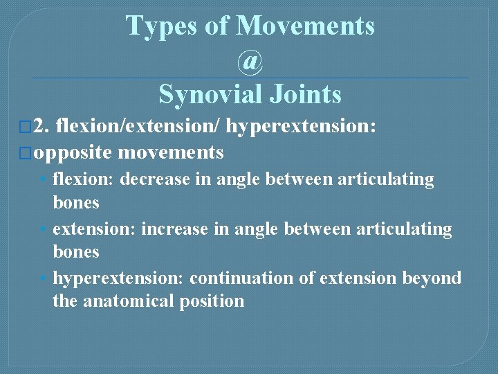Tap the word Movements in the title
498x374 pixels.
pos(306,26)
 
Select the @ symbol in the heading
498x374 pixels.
pos(250,61)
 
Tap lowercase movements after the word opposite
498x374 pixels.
pos(171,152)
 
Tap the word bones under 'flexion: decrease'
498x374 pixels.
pos(76,203)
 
